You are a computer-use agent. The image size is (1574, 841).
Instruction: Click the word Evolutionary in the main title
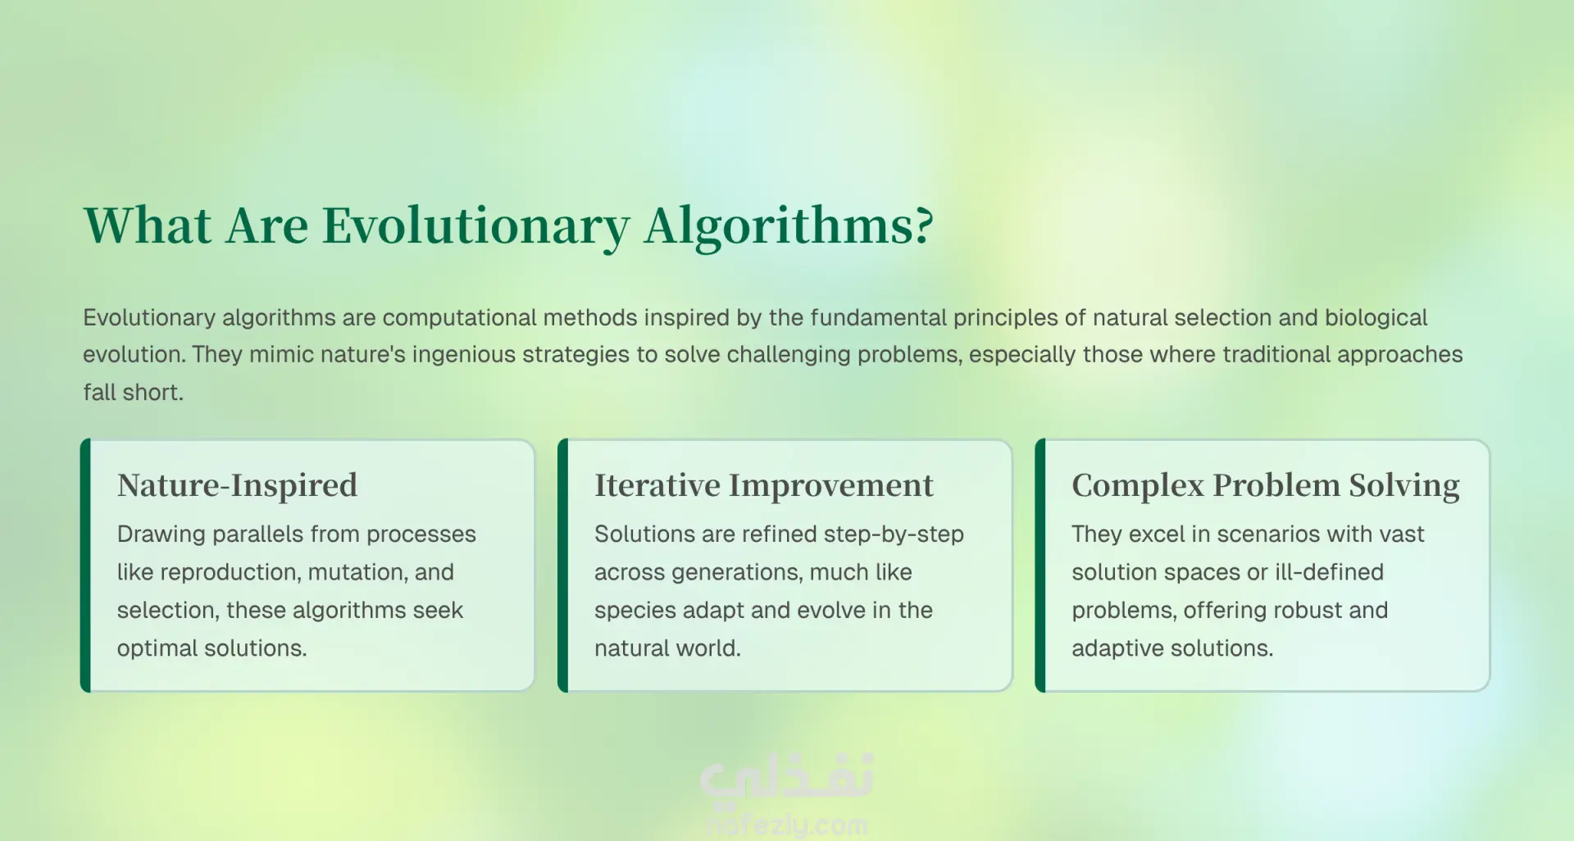475,226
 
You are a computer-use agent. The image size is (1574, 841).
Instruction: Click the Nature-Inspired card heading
237,485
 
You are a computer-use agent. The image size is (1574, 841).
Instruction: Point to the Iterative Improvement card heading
763,485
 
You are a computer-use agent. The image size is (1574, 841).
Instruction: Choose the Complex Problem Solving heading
1266,485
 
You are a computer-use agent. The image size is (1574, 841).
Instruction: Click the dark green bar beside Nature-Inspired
85,566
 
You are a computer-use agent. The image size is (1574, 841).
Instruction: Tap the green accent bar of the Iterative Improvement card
562,566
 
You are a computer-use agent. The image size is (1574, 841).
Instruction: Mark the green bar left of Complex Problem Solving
1039,566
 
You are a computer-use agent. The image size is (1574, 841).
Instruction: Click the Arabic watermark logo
787,777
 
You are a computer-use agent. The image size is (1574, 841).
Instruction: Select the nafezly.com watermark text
787,824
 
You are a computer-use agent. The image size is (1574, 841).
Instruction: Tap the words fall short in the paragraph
133,392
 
